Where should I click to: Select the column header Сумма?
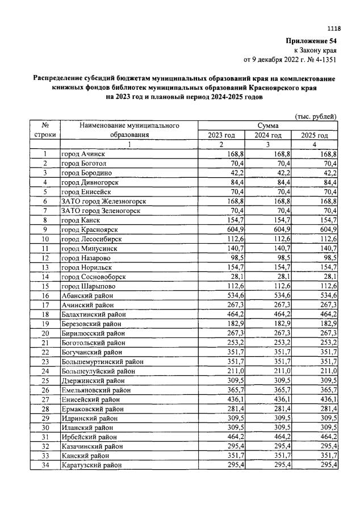point(267,125)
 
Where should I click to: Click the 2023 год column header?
point(221,135)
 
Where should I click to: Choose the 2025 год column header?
point(315,135)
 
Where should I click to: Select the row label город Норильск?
point(88,267)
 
